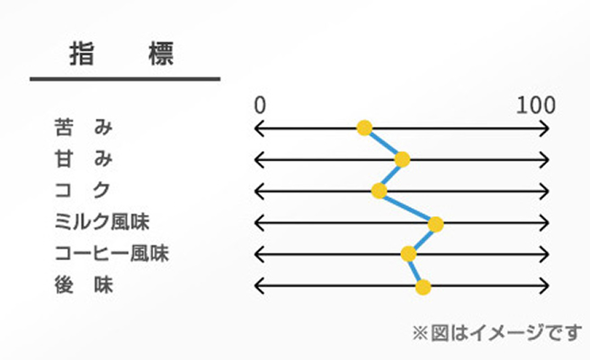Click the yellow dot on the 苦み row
[x=364, y=128]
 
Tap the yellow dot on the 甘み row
[x=402, y=159]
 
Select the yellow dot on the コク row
[x=379, y=191]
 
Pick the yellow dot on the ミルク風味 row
[x=435, y=224]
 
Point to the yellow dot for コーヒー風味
[x=408, y=254]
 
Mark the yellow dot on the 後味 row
[x=423, y=287]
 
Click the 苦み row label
[x=84, y=127]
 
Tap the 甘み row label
[x=84, y=158]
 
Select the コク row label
[x=83, y=190]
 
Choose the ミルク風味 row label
[x=102, y=221]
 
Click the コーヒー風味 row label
[x=112, y=253]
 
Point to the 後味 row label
[x=84, y=284]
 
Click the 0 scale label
[x=260, y=105]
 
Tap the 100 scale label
[x=536, y=105]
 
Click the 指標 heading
[x=122, y=54]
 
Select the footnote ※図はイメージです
[x=497, y=333]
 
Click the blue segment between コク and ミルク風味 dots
[x=407, y=208]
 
